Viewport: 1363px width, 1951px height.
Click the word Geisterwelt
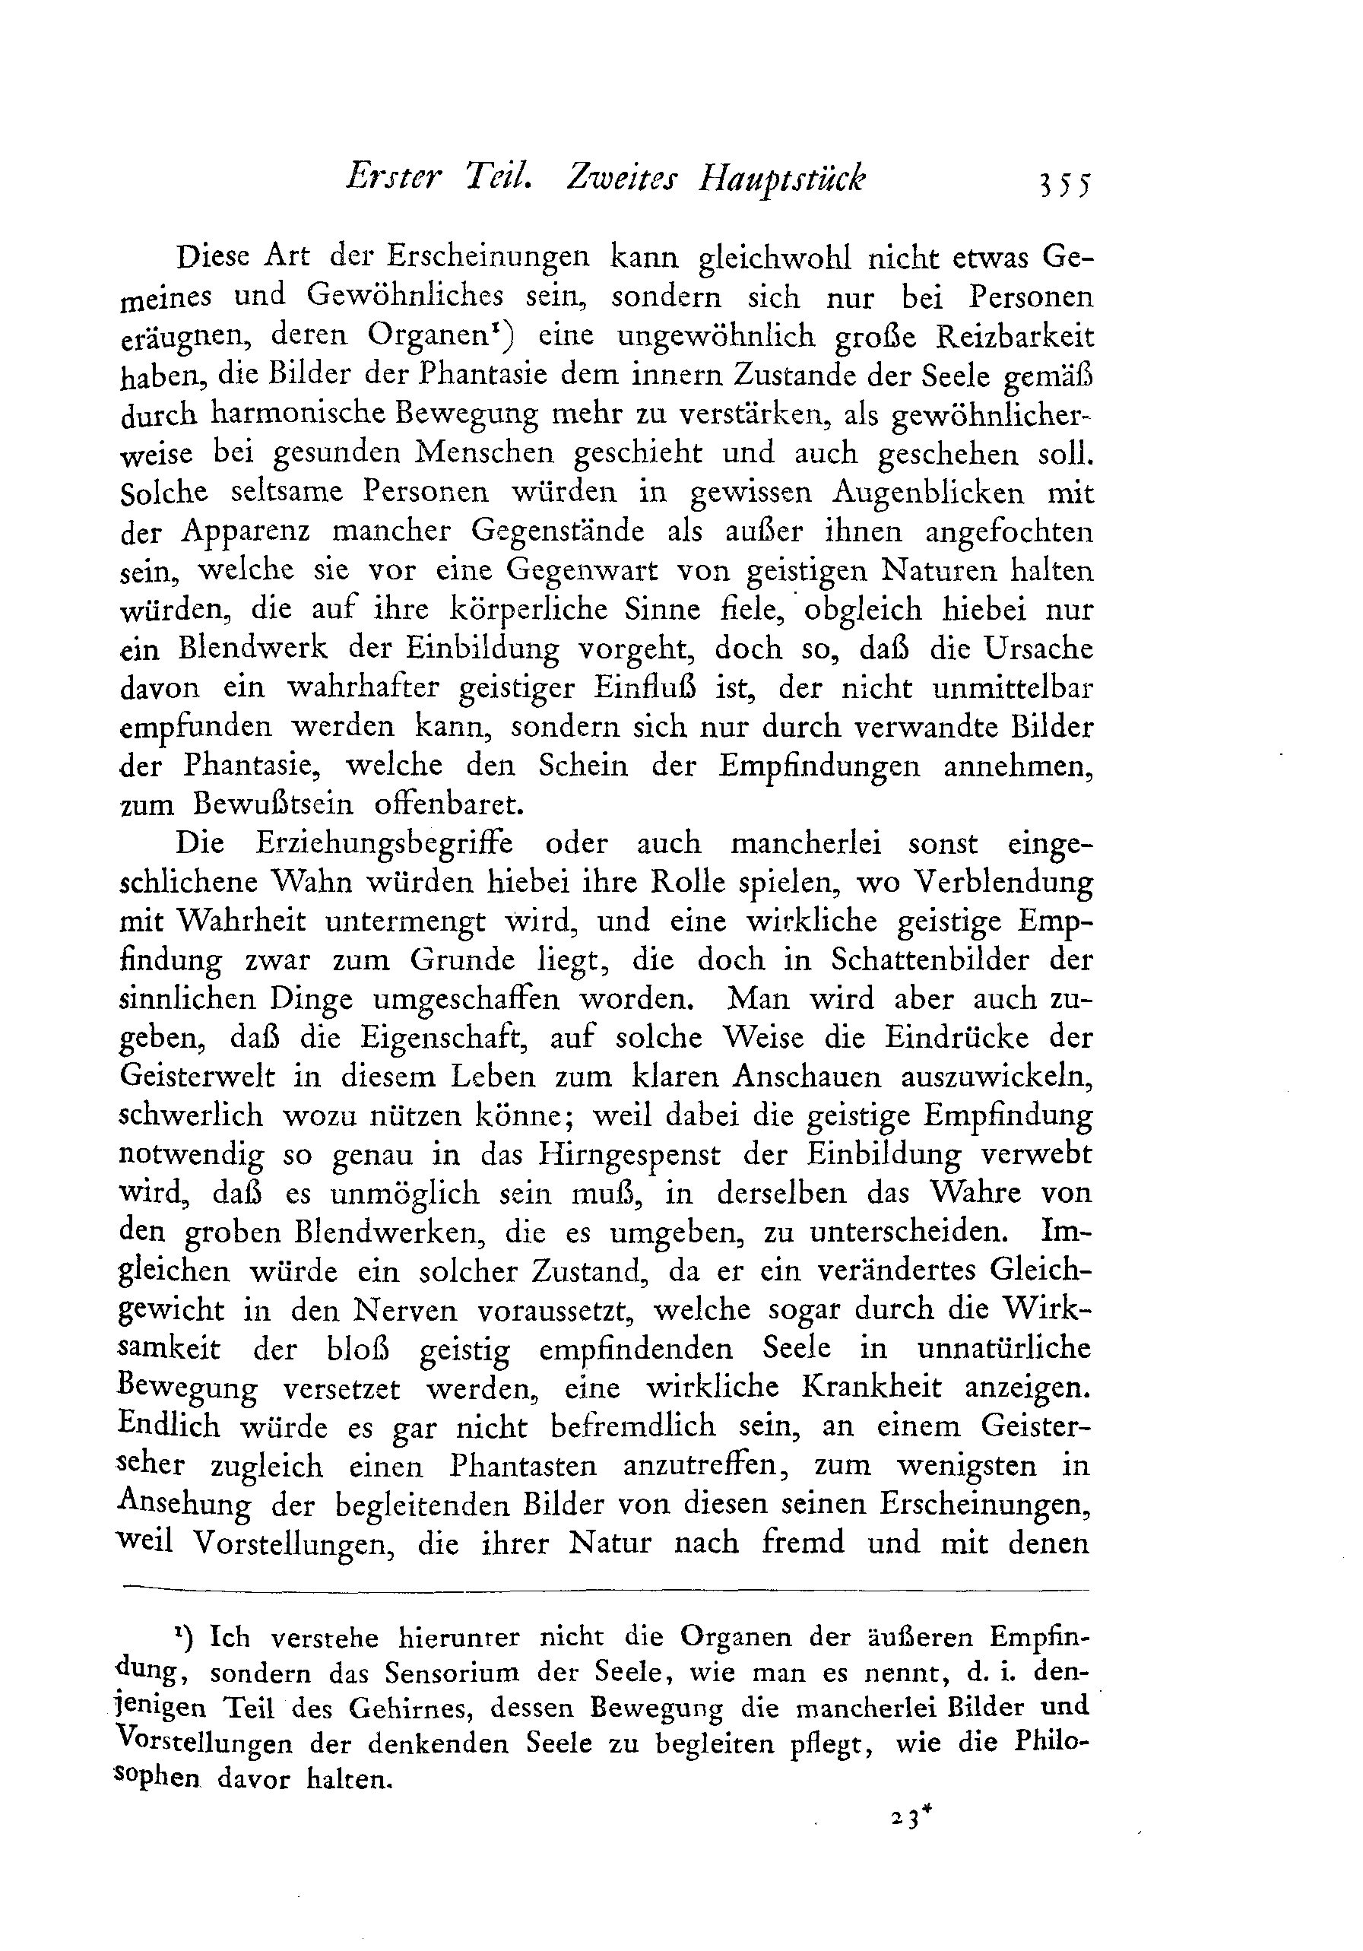198,1077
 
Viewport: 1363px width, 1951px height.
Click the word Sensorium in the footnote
450,1673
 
